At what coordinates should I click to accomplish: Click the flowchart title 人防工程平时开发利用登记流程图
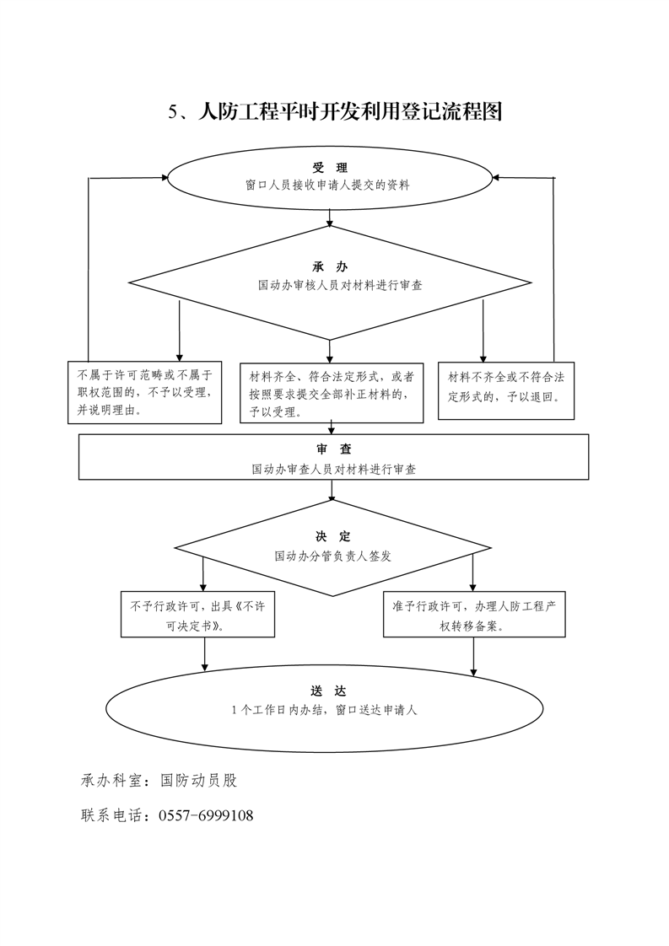point(350,111)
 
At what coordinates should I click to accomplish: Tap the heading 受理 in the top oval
point(330,168)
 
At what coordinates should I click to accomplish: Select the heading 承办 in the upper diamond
point(330,266)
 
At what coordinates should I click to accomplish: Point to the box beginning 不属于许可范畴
point(145,392)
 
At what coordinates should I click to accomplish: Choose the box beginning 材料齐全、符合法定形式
point(332,393)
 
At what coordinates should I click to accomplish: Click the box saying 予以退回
point(506,391)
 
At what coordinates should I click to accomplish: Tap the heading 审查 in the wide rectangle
point(334,449)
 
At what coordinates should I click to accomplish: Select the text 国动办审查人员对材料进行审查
point(334,470)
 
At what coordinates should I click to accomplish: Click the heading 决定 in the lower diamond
point(332,536)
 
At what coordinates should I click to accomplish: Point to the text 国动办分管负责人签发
point(332,556)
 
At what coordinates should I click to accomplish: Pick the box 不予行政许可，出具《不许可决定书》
point(198,614)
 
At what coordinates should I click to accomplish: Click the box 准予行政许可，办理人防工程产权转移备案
point(475,614)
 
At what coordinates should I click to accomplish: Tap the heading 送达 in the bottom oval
point(329,691)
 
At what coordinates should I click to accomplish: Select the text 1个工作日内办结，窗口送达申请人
point(324,710)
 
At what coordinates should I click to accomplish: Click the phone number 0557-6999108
point(206,815)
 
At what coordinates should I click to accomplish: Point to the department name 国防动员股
point(198,780)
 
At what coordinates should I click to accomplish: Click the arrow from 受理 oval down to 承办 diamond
point(330,218)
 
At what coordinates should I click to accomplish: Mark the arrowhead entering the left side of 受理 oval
point(165,177)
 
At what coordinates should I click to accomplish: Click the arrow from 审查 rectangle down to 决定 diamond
point(332,490)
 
